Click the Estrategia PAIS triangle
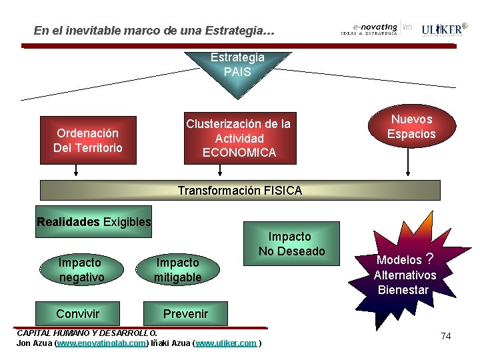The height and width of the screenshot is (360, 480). click(x=237, y=67)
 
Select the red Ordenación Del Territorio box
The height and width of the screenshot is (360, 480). click(x=89, y=141)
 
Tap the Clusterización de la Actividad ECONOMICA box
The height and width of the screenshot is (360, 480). click(x=239, y=138)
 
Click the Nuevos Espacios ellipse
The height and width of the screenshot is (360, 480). click(x=411, y=127)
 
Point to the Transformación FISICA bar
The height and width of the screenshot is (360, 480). click(x=240, y=190)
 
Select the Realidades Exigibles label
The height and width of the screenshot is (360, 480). click(x=94, y=222)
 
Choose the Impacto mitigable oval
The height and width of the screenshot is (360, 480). click(x=177, y=269)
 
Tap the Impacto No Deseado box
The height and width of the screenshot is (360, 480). click(x=291, y=243)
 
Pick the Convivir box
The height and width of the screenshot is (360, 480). click(x=78, y=313)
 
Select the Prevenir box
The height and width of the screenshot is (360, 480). click(x=186, y=313)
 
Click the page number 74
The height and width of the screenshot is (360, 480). click(x=446, y=336)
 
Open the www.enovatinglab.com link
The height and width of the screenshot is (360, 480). click(x=101, y=343)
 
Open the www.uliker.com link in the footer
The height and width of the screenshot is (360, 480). click(x=225, y=343)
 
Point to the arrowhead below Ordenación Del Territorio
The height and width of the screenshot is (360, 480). click(x=77, y=175)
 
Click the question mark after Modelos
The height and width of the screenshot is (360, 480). click(x=430, y=258)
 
